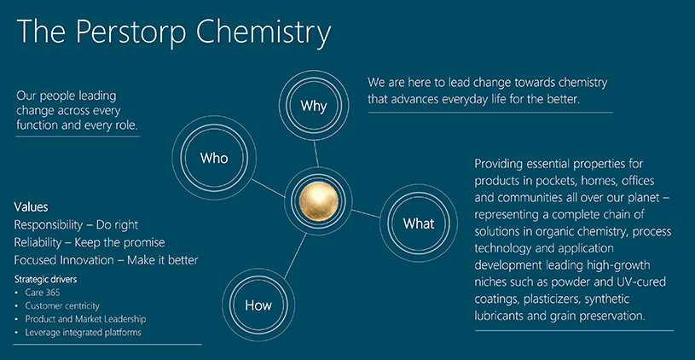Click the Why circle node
point(314,106)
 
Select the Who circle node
point(214,158)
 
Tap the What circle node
point(418,224)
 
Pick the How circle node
point(258,305)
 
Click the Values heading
point(32,206)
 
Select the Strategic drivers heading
point(51,279)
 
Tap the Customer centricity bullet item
point(62,305)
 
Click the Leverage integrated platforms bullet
point(83,332)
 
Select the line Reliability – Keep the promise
point(90,242)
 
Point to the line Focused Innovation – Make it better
point(107,259)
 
